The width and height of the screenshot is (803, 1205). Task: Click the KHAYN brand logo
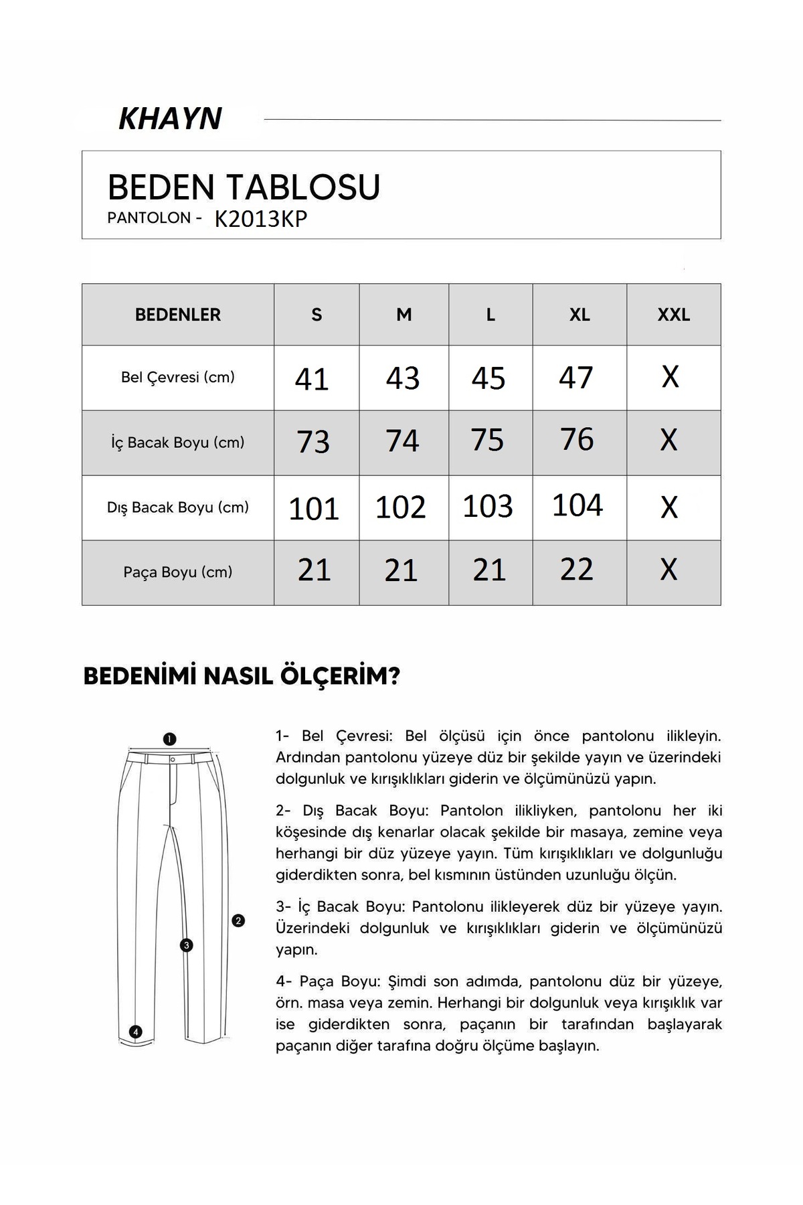pyautogui.click(x=170, y=119)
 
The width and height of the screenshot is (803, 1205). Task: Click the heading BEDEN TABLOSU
pyautogui.click(x=244, y=187)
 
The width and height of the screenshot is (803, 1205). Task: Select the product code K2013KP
pyautogui.click(x=261, y=220)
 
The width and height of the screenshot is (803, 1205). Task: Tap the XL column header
pyautogui.click(x=579, y=315)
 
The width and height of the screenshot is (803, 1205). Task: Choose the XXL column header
pyautogui.click(x=673, y=315)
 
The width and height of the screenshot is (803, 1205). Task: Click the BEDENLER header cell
pyautogui.click(x=178, y=315)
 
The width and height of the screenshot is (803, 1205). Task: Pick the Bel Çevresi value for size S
pyautogui.click(x=312, y=379)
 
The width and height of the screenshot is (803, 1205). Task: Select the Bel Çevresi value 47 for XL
pyautogui.click(x=576, y=378)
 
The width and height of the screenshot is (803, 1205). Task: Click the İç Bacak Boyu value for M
pyautogui.click(x=402, y=442)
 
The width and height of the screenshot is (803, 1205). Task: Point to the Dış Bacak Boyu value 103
pyautogui.click(x=488, y=506)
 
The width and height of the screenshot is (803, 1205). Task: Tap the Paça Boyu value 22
pyautogui.click(x=577, y=570)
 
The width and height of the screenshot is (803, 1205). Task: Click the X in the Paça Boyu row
pyautogui.click(x=669, y=570)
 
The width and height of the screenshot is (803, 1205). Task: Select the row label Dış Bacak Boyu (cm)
pyautogui.click(x=178, y=507)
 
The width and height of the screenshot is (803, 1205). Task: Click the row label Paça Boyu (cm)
pyautogui.click(x=178, y=572)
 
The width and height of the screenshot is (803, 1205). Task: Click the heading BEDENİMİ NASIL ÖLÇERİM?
pyautogui.click(x=242, y=677)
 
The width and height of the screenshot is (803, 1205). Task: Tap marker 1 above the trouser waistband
pyautogui.click(x=169, y=739)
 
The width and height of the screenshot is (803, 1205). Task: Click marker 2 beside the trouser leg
pyautogui.click(x=238, y=921)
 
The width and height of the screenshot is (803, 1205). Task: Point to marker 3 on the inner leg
pyautogui.click(x=187, y=945)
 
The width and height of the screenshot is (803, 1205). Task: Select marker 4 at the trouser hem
pyautogui.click(x=136, y=1032)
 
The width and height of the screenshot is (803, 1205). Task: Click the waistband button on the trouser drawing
pyautogui.click(x=173, y=760)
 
